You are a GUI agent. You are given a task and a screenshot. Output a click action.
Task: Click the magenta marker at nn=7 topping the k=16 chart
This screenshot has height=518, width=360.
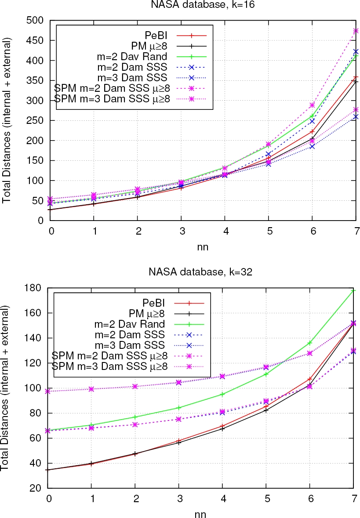coord(356,31)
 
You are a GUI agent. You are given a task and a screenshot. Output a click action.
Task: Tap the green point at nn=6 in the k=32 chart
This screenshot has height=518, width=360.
coord(312,343)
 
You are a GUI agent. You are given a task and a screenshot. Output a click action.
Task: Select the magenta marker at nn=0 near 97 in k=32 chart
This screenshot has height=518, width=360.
coord(48,391)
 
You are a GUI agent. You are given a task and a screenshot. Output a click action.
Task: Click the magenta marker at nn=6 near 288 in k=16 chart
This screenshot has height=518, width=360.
coord(312,105)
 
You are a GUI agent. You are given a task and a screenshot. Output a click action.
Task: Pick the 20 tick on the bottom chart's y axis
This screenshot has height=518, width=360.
coord(39,488)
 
